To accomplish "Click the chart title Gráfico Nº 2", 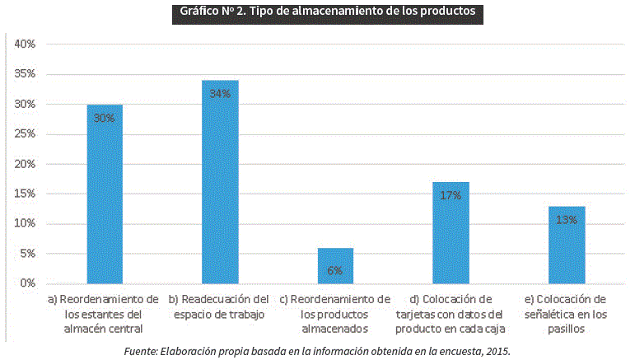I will (327, 13).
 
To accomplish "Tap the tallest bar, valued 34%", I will (220, 182).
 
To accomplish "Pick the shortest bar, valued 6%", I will (335, 265).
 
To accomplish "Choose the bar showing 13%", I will (567, 245).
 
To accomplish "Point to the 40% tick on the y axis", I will (25, 44).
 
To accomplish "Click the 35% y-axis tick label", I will (25, 74).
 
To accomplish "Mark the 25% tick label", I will (25, 134).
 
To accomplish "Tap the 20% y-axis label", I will (25, 164).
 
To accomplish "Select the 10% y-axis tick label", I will (25, 224).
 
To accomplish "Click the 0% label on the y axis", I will (27, 283).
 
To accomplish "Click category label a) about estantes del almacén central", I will (104, 313).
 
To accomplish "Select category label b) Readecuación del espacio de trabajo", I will (219, 306).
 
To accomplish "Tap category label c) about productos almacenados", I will (334, 313).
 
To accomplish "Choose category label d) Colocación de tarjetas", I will (450, 313).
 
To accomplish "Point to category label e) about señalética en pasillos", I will (566, 313).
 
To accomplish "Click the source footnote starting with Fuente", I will (317, 351).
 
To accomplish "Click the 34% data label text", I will (220, 94).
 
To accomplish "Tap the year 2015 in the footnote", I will (497, 351).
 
